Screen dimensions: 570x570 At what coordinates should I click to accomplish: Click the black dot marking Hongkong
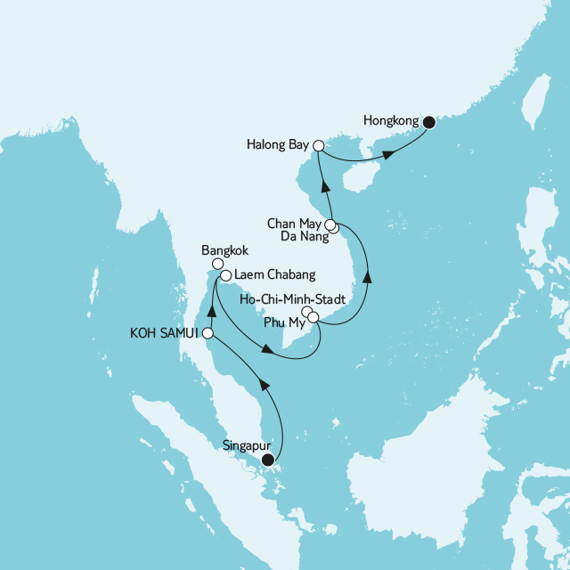coord(428,123)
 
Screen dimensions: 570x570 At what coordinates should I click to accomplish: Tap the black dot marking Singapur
coord(267,460)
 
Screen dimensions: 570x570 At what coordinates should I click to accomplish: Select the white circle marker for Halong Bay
coord(318,142)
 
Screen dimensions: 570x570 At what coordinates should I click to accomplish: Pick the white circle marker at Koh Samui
coord(208,333)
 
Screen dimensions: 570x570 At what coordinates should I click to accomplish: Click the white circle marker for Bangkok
coord(217,264)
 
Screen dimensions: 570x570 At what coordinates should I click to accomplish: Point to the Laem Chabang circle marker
coord(225,275)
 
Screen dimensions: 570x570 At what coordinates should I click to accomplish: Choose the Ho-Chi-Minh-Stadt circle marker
coord(306,312)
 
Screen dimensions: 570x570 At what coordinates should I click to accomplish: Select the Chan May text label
coord(296,223)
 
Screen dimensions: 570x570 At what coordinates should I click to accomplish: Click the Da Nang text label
coord(302,237)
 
